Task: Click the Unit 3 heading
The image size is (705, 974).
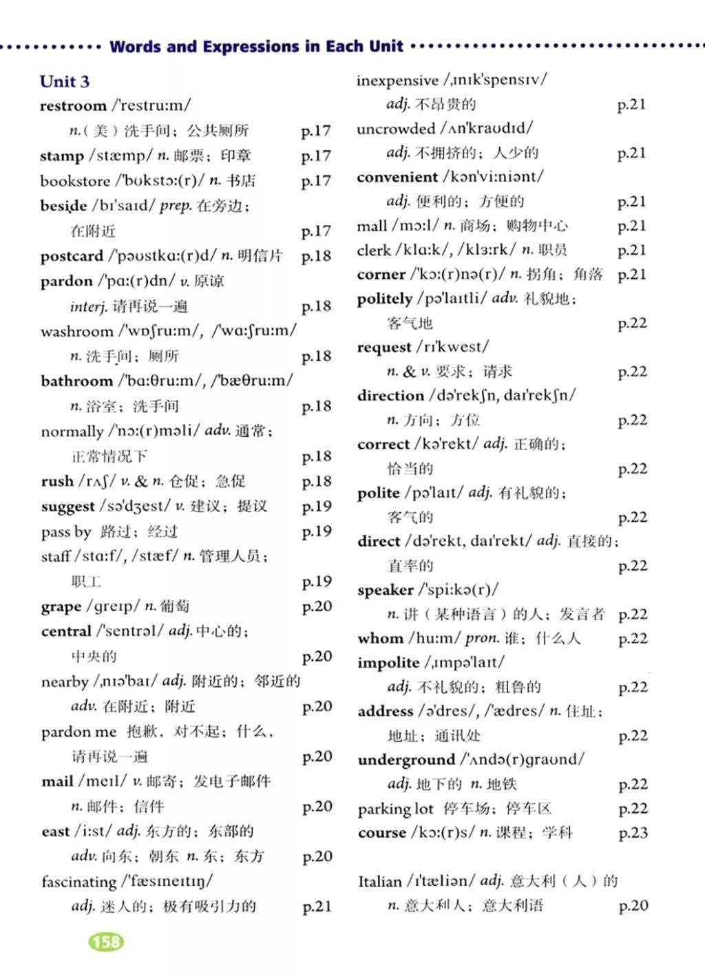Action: point(65,82)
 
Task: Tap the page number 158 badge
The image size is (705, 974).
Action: point(106,941)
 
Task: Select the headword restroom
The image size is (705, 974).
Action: point(73,106)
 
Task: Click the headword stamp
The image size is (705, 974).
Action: point(61,156)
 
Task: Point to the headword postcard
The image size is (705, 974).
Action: point(72,256)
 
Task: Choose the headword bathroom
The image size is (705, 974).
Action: point(76,381)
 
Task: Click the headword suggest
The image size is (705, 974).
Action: point(67,507)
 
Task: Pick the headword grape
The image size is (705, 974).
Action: point(61,607)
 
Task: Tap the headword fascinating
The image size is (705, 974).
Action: point(78,882)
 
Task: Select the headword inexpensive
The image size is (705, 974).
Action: point(397,81)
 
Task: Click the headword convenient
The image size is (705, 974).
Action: point(397,177)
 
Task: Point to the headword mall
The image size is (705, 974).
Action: point(372,226)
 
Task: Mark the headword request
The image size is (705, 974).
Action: point(383,347)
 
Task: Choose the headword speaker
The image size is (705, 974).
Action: point(385,590)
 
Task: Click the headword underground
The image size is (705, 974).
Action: point(406,760)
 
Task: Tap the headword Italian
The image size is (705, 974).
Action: point(379,881)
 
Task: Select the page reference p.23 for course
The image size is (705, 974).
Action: point(633,833)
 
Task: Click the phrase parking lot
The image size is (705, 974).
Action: point(395,809)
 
